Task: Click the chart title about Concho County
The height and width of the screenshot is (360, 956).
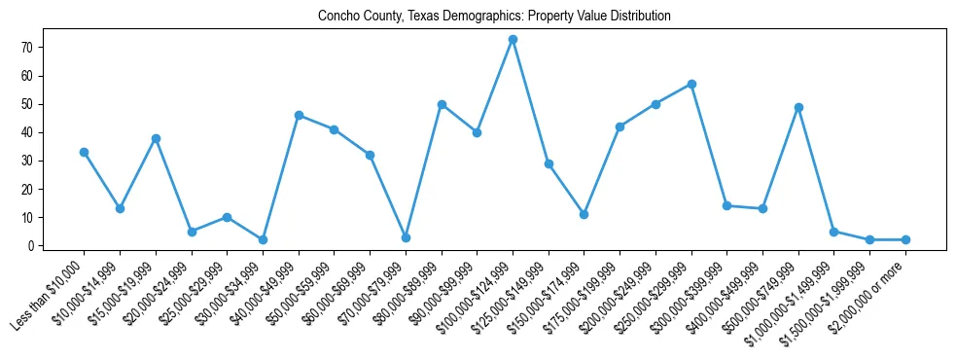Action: tap(494, 16)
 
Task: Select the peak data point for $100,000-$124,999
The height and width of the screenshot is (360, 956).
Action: tap(513, 39)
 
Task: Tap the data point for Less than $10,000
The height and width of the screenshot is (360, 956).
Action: tap(84, 152)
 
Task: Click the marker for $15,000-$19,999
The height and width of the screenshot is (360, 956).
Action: tap(156, 138)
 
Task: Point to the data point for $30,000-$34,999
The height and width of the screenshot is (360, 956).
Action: tap(263, 239)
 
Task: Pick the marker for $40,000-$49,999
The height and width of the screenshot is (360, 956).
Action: tap(299, 115)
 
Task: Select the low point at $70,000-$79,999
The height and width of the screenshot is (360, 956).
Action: tap(406, 237)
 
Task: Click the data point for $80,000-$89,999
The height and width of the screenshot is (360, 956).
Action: tap(442, 104)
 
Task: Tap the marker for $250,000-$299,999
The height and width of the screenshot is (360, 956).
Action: tap(691, 84)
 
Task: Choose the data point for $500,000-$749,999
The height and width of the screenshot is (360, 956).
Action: tap(798, 107)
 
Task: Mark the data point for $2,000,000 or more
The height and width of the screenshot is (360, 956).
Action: tap(905, 239)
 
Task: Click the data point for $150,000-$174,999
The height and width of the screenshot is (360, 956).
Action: tap(584, 214)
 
